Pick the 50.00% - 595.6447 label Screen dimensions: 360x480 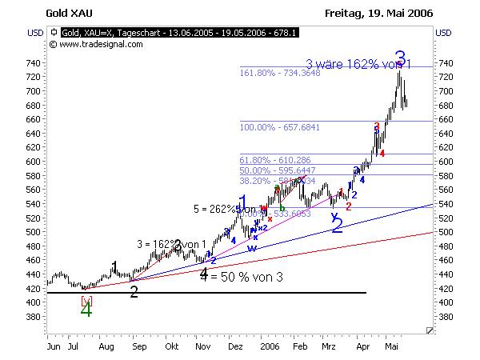(280, 170)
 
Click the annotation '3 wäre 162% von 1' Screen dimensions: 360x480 (358, 62)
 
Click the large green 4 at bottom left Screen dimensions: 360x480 (86, 311)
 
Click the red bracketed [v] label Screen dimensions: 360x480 (86, 300)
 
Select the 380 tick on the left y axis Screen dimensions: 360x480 (33, 316)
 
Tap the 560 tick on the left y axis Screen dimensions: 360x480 (33, 190)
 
